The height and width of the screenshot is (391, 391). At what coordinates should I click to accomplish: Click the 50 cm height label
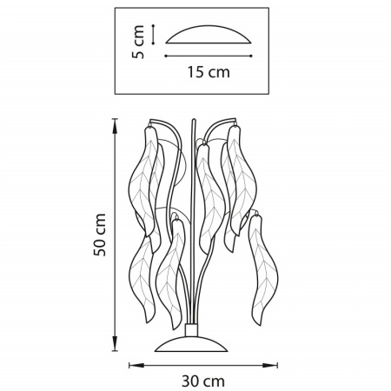tap(100, 235)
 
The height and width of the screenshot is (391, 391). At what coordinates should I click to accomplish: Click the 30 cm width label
tap(203, 381)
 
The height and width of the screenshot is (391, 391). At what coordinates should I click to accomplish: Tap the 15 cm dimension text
tap(209, 72)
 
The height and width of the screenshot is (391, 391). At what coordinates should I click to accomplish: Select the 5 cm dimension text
tap(138, 42)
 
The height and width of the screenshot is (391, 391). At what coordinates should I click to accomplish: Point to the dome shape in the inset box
tap(209, 34)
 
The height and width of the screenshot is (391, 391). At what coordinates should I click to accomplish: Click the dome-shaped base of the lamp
tap(191, 344)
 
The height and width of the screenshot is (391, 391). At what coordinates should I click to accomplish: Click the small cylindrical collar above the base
tap(191, 330)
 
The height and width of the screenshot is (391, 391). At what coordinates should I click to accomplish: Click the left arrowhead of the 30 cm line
tap(136, 365)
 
